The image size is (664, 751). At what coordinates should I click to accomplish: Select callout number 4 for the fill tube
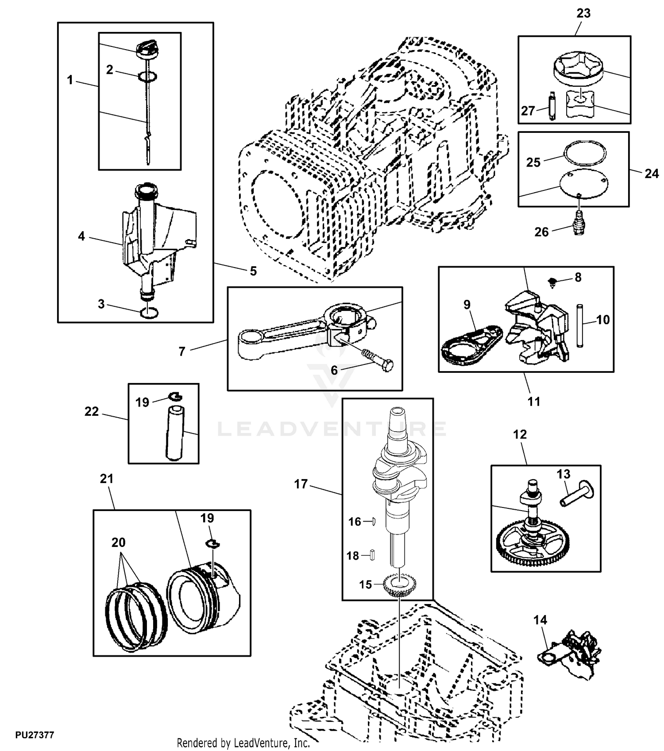coord(81,236)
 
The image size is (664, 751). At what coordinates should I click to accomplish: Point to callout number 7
coord(182,351)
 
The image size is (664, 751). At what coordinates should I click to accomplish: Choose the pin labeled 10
coord(580,325)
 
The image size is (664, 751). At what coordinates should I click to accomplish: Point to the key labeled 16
coord(373,522)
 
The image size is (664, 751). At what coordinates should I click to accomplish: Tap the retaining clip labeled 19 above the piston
coord(213,544)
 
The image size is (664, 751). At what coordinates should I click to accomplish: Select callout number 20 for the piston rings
coord(118,542)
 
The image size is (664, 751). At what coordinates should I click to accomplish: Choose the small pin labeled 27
coord(552,105)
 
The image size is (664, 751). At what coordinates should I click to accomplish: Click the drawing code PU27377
coord(35,735)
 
